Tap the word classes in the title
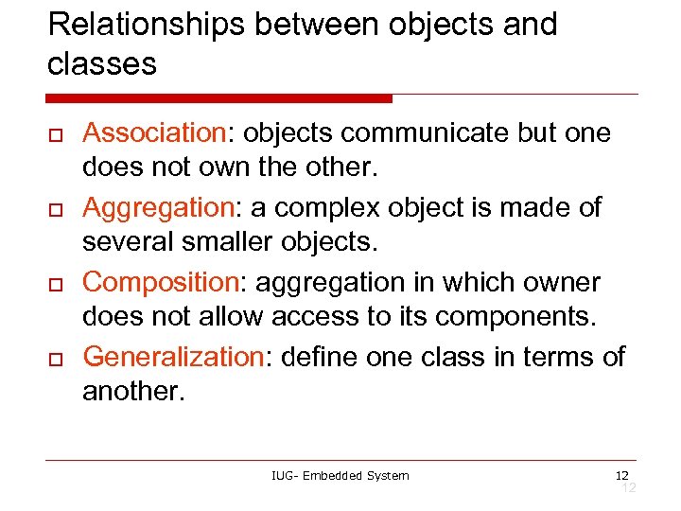pos(101,63)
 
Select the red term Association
pos(148,133)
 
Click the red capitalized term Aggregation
pos(155,208)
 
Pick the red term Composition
pos(158,283)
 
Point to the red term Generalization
pos(171,357)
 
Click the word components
pos(519,317)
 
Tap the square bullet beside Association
pos(56,138)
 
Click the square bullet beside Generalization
pos(56,361)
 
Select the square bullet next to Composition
pos(56,287)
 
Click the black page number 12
pos(621,474)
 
